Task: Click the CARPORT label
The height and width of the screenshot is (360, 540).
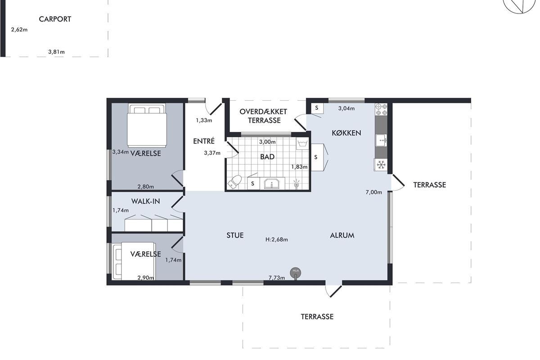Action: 55,19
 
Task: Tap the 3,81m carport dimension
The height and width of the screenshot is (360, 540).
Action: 56,52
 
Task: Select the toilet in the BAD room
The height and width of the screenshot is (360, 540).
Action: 234,182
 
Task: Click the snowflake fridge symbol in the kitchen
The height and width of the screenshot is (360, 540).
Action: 381,165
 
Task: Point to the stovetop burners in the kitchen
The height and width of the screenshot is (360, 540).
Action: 381,109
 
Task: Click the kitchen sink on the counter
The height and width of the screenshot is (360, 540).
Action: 381,140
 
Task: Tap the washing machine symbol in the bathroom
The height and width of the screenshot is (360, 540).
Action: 302,144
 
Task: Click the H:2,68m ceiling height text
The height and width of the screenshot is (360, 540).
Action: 276,239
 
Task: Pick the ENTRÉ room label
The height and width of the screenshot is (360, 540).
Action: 204,141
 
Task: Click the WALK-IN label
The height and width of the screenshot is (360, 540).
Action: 146,201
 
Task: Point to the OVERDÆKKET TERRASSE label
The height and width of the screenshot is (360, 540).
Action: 264,116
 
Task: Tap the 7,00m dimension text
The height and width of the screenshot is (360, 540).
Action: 373,192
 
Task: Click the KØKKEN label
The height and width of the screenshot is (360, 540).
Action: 346,133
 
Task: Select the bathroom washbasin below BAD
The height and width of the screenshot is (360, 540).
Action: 272,184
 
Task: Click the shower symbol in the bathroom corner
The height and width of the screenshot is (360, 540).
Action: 297,184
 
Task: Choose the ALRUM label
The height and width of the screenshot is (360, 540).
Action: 342,235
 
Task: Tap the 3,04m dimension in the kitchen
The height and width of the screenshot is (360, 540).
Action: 346,108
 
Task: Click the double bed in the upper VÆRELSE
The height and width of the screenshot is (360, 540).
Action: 147,126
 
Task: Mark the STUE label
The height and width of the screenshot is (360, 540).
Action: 235,235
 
